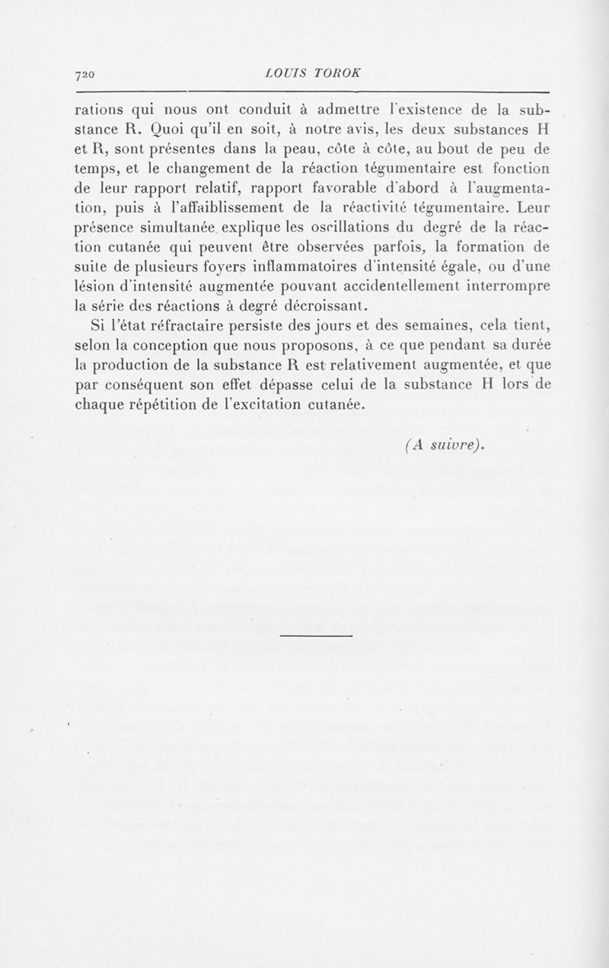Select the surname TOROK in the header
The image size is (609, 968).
[x=339, y=73]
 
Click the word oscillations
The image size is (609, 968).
[x=327, y=228]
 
